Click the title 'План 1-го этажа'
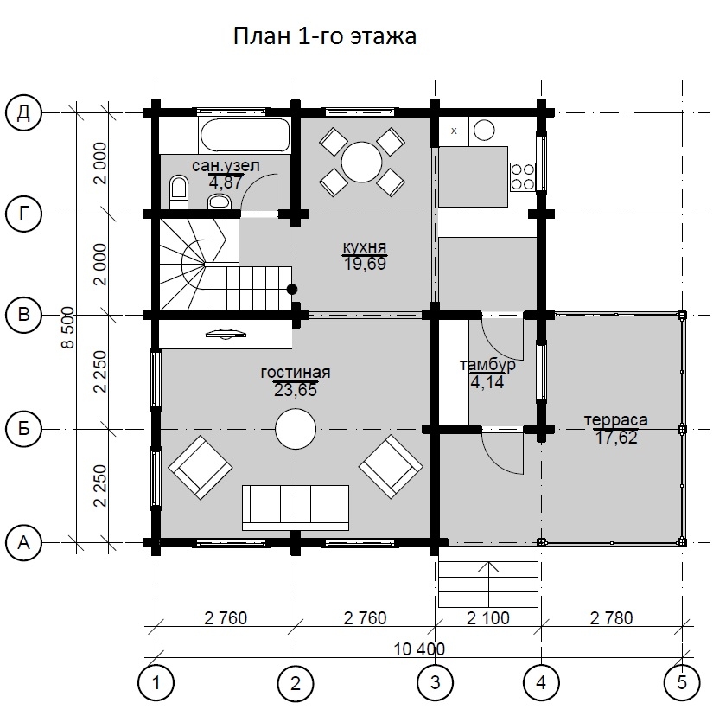coord(325,36)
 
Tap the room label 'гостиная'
coord(296,372)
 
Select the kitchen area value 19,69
coord(365,264)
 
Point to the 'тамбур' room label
coord(487,365)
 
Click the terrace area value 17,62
coord(615,438)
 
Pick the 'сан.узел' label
coord(226,166)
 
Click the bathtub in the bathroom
coord(245,135)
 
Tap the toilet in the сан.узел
coord(179,192)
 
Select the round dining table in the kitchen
coord(361,162)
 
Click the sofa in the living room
coord(296,508)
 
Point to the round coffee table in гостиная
coord(296,429)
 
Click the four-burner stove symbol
coord(522,176)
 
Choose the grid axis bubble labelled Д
coord(23,112)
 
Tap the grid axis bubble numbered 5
coord(682,682)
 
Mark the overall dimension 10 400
coord(419,649)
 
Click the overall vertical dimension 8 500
coord(67,328)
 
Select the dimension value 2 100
coord(488,617)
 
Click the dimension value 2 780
coord(611,617)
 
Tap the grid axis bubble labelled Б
coord(23,429)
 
